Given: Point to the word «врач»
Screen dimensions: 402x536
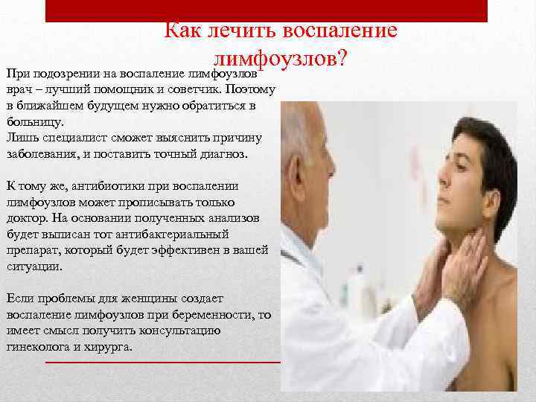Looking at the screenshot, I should click(19, 90).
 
